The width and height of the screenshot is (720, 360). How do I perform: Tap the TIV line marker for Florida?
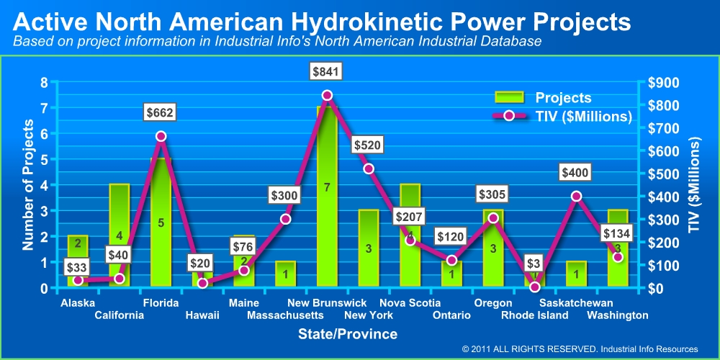tap(161, 136)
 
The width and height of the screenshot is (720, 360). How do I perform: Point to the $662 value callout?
tap(161, 112)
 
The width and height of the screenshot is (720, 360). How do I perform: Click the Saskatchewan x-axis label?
tap(576, 303)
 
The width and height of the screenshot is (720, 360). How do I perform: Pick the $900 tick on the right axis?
tap(660, 83)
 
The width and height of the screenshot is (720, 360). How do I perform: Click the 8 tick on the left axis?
tap(43, 83)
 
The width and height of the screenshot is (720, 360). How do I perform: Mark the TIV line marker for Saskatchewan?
tap(576, 196)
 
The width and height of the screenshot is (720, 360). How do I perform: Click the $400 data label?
tap(576, 173)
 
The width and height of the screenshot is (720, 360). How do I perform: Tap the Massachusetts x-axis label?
tap(285, 315)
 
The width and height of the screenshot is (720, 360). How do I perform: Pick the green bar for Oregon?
tap(493, 248)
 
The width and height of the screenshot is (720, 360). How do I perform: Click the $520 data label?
tap(369, 145)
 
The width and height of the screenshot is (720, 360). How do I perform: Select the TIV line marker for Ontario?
tap(451, 260)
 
